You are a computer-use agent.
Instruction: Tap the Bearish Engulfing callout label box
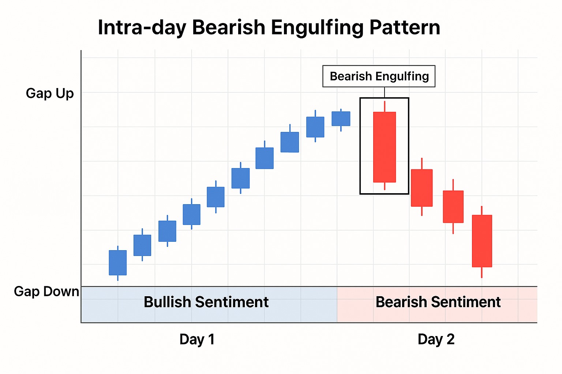[x=379, y=76]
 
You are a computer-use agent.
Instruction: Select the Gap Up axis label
[x=50, y=93]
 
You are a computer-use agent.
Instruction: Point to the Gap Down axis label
[x=46, y=291]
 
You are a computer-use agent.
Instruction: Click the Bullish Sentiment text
[x=206, y=302]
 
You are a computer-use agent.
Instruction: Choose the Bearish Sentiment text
[x=438, y=302]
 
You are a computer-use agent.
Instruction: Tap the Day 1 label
[x=197, y=339]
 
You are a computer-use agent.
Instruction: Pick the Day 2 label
[x=436, y=339]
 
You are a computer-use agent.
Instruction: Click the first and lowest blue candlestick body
[x=118, y=263]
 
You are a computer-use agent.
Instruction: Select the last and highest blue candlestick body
[x=341, y=119]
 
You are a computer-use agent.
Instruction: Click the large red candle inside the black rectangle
[x=384, y=147]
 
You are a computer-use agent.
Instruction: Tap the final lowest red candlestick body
[x=482, y=241]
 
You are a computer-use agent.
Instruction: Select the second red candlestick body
[x=421, y=188]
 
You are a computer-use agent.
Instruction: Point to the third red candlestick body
[x=453, y=207]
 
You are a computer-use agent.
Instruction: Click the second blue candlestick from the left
[x=142, y=245]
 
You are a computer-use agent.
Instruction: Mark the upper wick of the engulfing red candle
[x=385, y=106]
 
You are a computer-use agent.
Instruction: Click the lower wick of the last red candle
[x=482, y=272]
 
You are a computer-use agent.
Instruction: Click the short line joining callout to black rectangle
[x=385, y=92]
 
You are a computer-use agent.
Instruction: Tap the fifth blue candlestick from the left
[x=216, y=197]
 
